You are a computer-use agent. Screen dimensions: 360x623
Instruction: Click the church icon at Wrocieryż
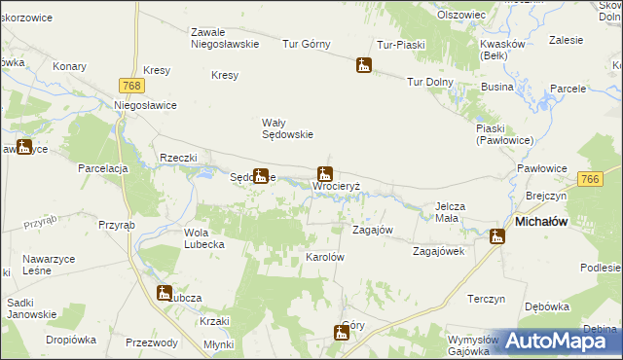click(x=324, y=173)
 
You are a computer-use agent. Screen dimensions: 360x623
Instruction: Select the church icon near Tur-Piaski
click(x=364, y=66)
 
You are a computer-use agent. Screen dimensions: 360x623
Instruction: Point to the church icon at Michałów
click(x=497, y=235)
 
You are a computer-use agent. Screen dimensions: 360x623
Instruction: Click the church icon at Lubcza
click(x=165, y=292)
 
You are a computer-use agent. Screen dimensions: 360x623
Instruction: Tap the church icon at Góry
click(x=341, y=333)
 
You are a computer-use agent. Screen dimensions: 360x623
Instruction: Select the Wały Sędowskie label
click(x=287, y=128)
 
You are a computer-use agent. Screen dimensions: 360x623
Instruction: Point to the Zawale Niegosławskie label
click(x=223, y=37)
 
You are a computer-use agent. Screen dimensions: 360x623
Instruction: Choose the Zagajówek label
click(x=439, y=250)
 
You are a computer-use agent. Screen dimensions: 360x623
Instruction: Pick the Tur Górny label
click(x=307, y=44)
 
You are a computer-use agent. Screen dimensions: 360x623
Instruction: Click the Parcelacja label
click(x=104, y=168)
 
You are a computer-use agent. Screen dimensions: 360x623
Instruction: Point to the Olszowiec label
click(x=461, y=16)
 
